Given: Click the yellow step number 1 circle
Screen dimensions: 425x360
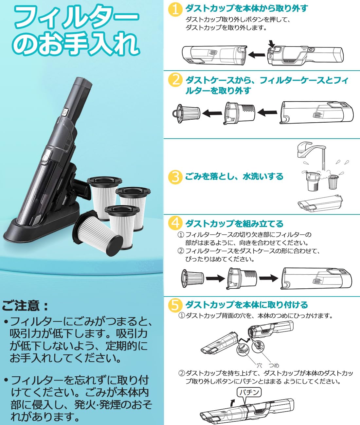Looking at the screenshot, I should (175, 9).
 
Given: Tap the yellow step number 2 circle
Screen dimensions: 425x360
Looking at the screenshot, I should (175, 80).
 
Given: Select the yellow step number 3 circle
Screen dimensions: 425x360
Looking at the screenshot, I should (175, 177).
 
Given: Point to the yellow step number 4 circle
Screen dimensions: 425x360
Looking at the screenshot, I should (175, 224).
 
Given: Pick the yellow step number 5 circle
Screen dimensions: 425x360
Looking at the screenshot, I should (175, 305).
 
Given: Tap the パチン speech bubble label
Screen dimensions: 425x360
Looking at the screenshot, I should (249, 392).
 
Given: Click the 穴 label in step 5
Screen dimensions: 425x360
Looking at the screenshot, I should (259, 365).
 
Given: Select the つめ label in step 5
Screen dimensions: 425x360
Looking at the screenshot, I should (274, 365).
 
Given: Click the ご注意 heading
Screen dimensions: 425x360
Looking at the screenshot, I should (26, 306).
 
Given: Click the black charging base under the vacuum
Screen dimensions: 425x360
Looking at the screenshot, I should (39, 229).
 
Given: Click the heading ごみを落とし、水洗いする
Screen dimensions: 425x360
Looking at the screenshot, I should (234, 177).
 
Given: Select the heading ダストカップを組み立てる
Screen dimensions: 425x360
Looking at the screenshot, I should (234, 224).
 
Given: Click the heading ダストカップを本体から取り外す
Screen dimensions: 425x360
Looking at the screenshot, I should (246, 8).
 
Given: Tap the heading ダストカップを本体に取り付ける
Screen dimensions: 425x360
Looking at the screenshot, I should (246, 305).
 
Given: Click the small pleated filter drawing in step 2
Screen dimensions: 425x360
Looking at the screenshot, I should (186, 113).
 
